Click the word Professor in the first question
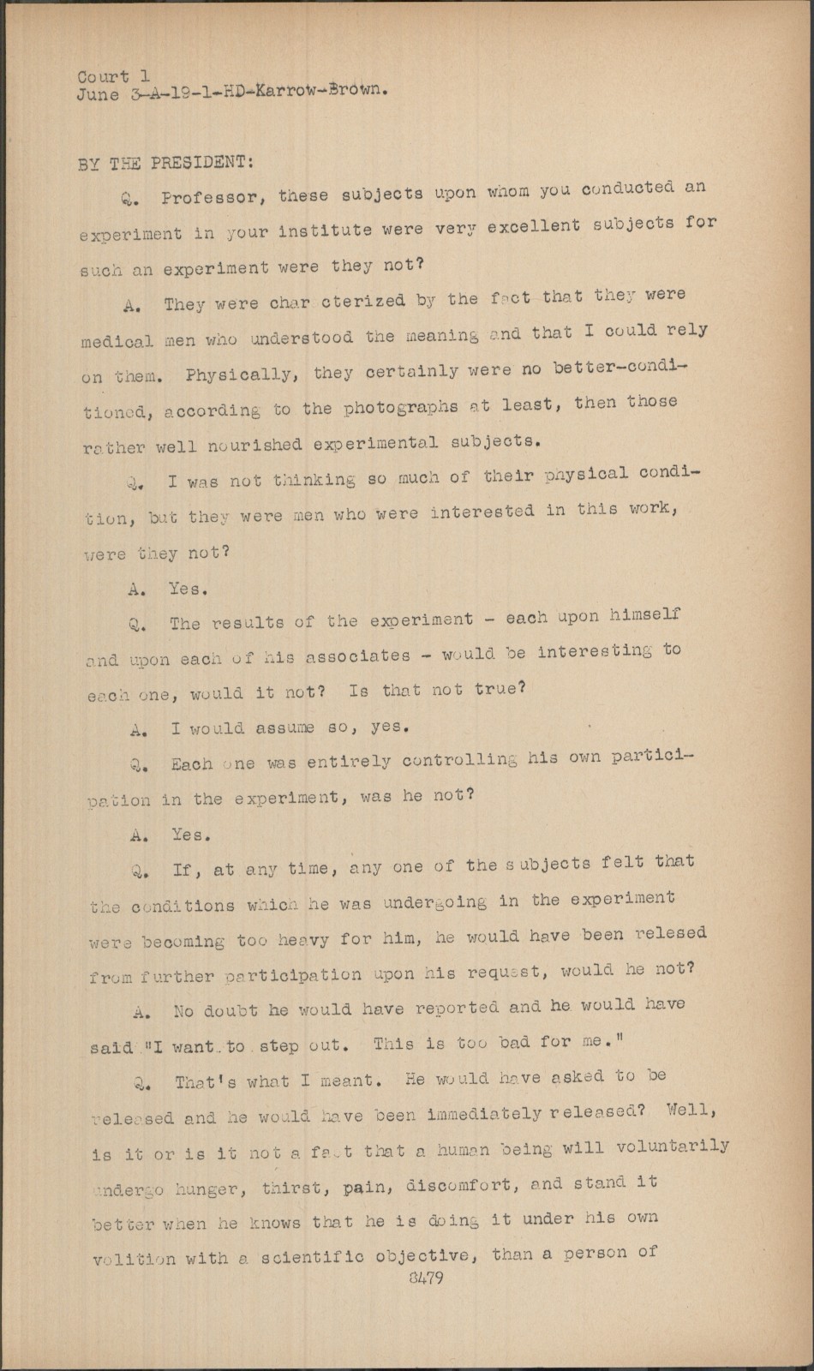(206, 197)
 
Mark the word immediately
(489, 1114)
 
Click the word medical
(117, 341)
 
